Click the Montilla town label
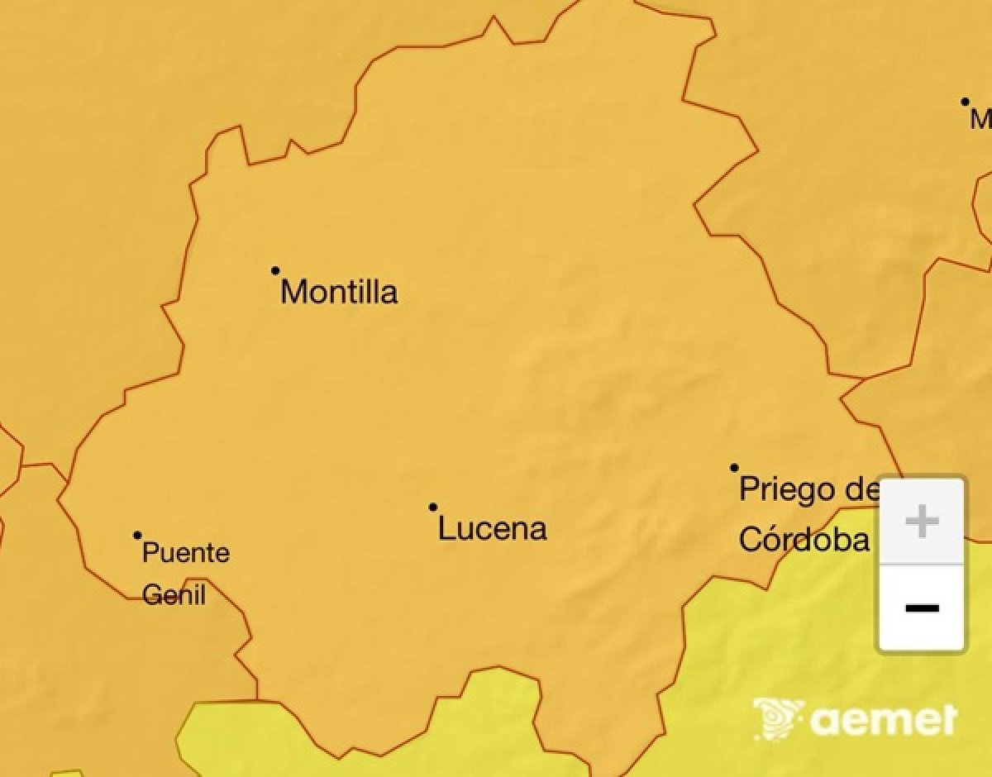(x=339, y=292)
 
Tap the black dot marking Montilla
(x=275, y=270)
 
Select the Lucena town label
(x=492, y=528)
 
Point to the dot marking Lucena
(x=433, y=507)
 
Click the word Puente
(x=186, y=553)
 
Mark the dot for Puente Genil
(x=137, y=535)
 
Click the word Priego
(x=787, y=489)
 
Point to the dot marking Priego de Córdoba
(x=734, y=468)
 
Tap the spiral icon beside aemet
(x=777, y=719)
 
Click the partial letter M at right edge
(x=981, y=120)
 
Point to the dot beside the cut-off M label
(x=965, y=102)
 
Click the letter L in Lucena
(x=446, y=528)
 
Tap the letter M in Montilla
(x=294, y=292)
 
